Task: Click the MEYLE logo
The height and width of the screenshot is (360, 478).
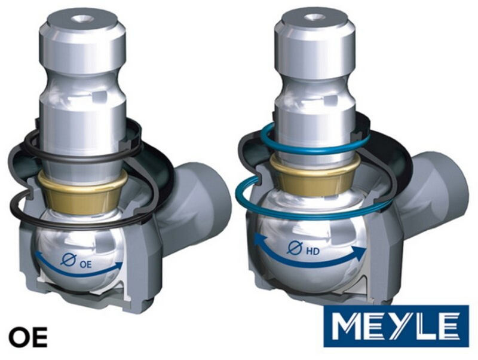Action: click(396, 326)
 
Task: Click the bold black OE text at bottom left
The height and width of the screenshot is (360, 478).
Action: click(28, 337)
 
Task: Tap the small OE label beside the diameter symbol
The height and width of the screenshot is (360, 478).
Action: click(85, 264)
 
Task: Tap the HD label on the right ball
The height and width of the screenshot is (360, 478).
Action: click(312, 251)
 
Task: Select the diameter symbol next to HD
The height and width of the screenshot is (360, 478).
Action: click(295, 248)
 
